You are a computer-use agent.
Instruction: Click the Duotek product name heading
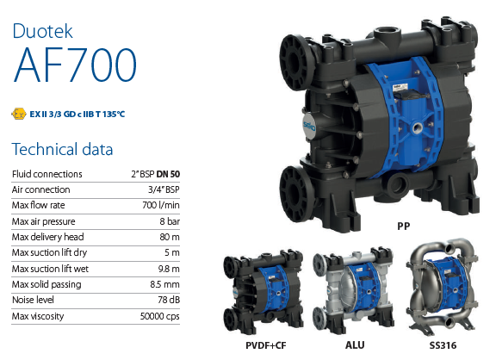pos(42,31)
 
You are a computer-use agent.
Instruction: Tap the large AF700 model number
pos(75,65)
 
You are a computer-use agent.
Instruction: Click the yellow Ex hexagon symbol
pos(19,114)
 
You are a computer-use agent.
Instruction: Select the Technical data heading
pos(62,149)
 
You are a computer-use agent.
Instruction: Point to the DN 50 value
pos(168,174)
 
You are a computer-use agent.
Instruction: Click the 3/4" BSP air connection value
pos(164,189)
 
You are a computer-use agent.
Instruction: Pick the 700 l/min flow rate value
pos(161,205)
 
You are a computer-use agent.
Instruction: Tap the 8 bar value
pos(170,221)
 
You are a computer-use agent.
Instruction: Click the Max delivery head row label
pos(47,237)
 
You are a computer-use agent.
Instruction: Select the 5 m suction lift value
pos(171,252)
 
